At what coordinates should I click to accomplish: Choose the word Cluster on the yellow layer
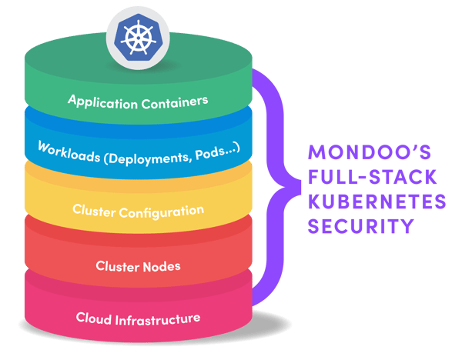(x=94, y=210)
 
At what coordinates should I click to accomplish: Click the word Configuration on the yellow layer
(x=162, y=209)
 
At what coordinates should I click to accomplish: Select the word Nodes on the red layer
(x=161, y=266)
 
